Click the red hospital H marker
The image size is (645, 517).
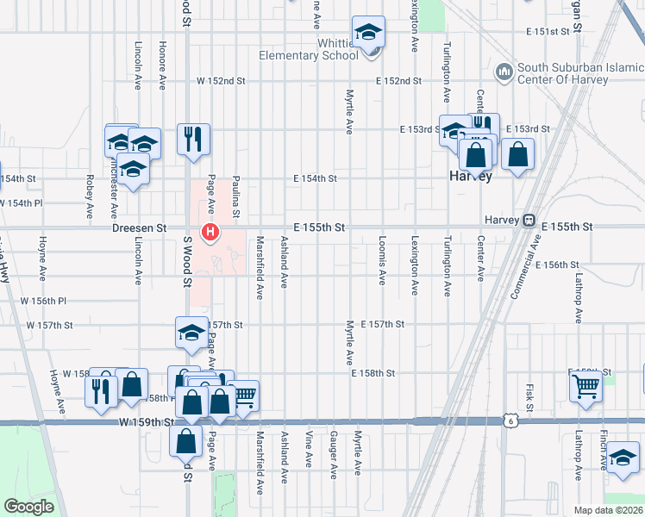210,232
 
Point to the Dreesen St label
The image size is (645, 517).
139,228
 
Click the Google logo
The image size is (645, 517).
28,507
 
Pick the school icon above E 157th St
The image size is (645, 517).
191,333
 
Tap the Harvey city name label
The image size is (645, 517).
471,176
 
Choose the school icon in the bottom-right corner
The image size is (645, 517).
622,458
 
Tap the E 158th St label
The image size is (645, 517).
373,373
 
